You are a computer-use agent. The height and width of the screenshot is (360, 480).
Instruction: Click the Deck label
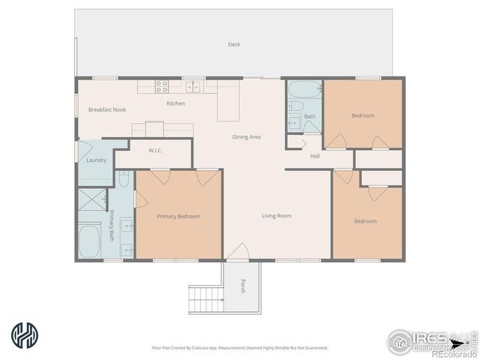(x=234, y=44)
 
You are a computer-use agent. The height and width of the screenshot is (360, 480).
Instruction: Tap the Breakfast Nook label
(x=107, y=109)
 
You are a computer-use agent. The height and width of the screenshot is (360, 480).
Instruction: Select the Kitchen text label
(x=175, y=103)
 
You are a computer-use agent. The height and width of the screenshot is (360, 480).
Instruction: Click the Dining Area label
(x=246, y=137)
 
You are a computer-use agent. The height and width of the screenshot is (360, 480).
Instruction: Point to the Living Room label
(x=276, y=216)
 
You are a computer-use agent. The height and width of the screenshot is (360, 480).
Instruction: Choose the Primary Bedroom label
(x=178, y=216)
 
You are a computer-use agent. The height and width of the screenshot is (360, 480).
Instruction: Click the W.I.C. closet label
(x=155, y=150)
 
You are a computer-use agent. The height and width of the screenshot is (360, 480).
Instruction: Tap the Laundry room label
(x=96, y=160)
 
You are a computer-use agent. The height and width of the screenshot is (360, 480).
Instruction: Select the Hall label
(x=315, y=156)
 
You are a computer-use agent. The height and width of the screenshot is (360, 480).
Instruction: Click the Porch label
(x=242, y=286)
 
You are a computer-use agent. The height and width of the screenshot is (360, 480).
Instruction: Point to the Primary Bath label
(x=112, y=224)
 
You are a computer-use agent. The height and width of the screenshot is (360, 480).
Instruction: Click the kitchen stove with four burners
(x=161, y=86)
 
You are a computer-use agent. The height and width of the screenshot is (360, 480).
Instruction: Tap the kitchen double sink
(x=193, y=86)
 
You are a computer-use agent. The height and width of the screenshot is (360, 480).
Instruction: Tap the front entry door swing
(x=238, y=253)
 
